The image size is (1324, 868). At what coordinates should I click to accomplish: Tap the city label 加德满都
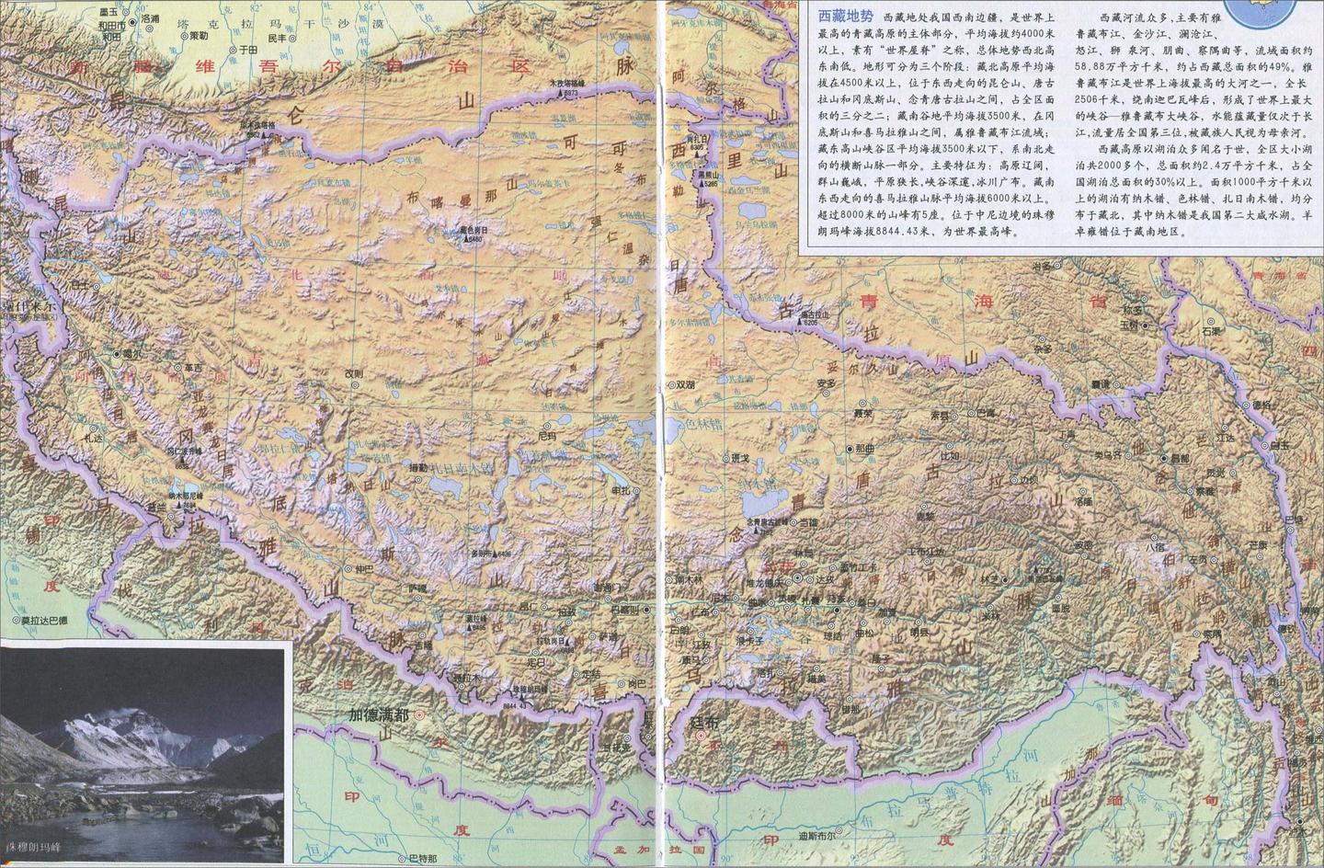click(379, 714)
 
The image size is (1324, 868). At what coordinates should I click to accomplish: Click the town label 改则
click(353, 373)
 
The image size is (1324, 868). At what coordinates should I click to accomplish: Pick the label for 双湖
click(685, 385)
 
